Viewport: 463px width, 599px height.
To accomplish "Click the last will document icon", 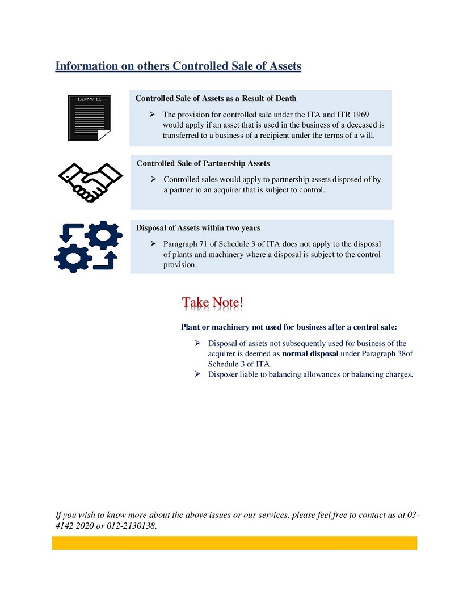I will tap(90, 118).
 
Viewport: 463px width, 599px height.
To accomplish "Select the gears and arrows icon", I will tap(88, 247).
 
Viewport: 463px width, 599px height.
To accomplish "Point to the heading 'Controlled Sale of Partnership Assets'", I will tap(203, 163).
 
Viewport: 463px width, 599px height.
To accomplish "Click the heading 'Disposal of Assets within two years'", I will tap(198, 228).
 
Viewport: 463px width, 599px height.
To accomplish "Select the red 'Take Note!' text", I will tap(213, 302).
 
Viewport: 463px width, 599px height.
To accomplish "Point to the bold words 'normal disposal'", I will tap(310, 353).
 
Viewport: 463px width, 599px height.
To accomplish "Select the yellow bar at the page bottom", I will tap(234, 543).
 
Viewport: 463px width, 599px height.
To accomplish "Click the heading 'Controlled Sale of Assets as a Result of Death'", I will tap(216, 99).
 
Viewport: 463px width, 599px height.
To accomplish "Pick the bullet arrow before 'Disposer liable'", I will tap(197, 374).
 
